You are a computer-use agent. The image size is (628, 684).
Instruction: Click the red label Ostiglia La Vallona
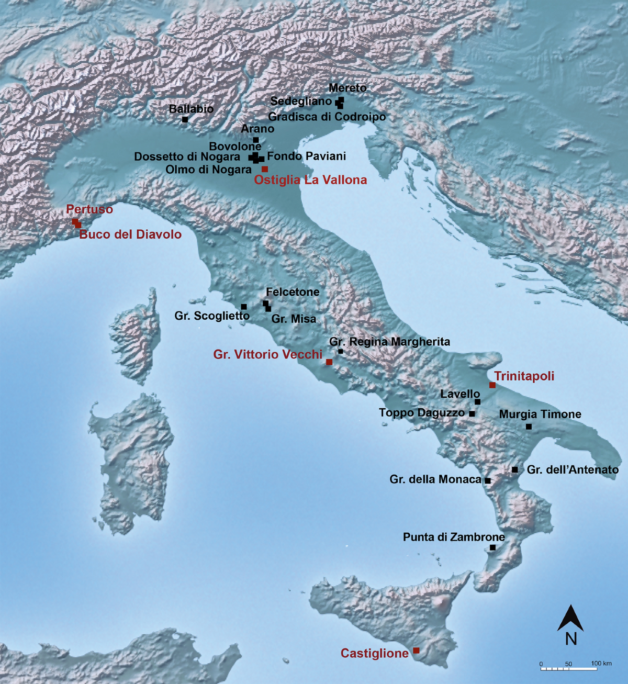click(x=310, y=180)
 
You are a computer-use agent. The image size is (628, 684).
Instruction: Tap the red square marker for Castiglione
click(x=416, y=650)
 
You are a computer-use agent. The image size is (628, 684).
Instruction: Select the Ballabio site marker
click(x=185, y=119)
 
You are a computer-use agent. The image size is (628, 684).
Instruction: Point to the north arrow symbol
click(x=570, y=618)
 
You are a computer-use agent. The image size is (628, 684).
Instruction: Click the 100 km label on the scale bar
click(x=601, y=664)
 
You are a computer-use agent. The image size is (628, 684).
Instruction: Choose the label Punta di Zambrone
click(x=454, y=537)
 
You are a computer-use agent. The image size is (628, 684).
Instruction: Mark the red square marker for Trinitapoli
click(x=492, y=385)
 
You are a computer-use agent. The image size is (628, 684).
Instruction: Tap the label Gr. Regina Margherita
click(x=389, y=342)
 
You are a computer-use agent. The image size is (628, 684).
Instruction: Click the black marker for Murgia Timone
click(x=529, y=427)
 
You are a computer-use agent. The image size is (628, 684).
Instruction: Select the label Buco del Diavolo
click(x=130, y=234)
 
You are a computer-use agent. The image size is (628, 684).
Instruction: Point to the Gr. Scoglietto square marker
click(x=244, y=307)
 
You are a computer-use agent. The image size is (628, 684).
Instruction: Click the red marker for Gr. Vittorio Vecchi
click(x=329, y=362)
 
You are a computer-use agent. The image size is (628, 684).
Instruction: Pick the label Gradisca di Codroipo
click(x=327, y=117)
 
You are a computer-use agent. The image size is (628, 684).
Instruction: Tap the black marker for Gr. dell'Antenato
click(x=515, y=469)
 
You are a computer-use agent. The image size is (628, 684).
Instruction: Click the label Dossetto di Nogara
click(x=187, y=156)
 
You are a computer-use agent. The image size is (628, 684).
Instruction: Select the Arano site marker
click(x=256, y=140)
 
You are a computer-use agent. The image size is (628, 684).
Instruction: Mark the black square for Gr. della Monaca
click(x=488, y=480)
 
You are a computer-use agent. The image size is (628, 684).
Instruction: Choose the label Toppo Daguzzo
click(x=422, y=413)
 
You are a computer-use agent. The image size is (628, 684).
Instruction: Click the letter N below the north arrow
click(x=571, y=638)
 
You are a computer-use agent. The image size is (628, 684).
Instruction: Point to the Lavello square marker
click(x=477, y=402)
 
